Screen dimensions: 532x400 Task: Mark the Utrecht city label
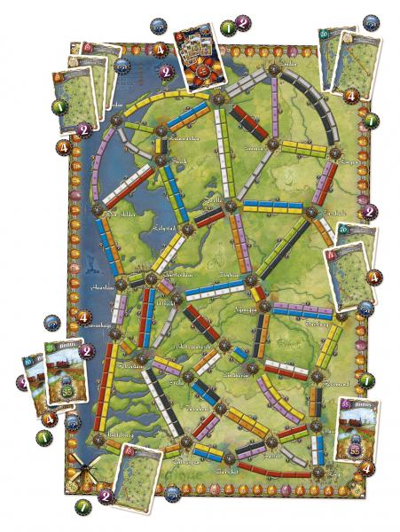pos(165,303)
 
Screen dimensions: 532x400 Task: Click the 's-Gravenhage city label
pos(88,329)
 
